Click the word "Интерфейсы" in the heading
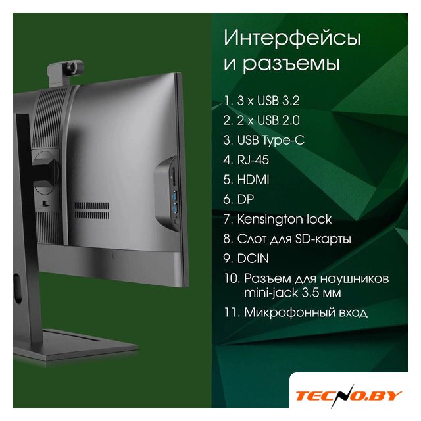point(292,38)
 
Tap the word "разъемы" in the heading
point(291,64)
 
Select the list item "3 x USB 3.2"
point(268,101)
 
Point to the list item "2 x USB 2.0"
point(268,120)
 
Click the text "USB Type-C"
point(270,140)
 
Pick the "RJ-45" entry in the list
point(253,160)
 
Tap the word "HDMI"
point(253,180)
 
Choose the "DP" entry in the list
point(245,199)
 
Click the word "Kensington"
point(270,219)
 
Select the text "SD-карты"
point(323,239)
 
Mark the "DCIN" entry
point(253,259)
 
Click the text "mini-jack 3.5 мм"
point(292,293)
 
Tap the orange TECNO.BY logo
point(349,396)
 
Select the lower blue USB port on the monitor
point(176,209)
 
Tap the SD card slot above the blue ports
point(174,176)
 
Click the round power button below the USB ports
point(177,222)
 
